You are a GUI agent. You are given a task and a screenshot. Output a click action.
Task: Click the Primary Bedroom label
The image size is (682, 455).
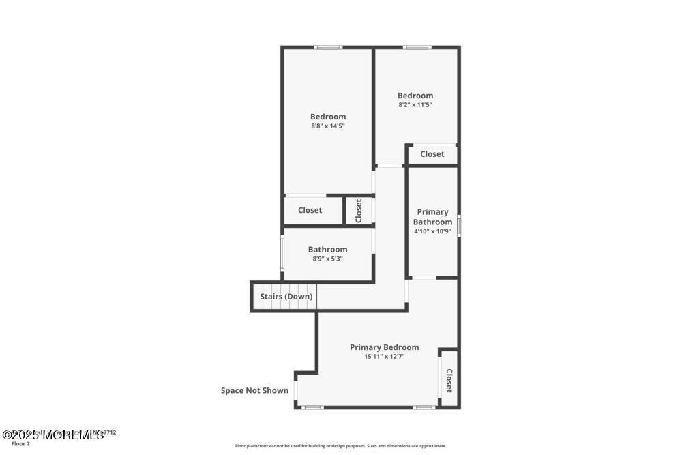(384, 347)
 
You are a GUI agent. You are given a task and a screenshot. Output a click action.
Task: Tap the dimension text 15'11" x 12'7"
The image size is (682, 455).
(384, 357)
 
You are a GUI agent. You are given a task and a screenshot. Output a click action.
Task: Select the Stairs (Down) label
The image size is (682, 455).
(286, 297)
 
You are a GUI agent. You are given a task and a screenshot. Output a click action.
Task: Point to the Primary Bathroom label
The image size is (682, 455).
(432, 217)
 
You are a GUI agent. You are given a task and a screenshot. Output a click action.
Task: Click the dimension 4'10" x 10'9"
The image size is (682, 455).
(432, 231)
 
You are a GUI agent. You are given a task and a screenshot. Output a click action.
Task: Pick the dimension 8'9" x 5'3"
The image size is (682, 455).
(327, 259)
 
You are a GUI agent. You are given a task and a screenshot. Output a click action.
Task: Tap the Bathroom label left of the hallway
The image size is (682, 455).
(327, 250)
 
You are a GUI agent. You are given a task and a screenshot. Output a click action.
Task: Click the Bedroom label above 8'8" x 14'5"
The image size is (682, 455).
(328, 117)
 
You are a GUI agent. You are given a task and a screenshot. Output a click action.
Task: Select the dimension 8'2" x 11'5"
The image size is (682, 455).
(415, 105)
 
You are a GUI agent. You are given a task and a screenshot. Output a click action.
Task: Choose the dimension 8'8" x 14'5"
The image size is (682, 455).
(328, 126)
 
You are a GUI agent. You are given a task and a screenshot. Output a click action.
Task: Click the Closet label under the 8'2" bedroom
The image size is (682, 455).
(432, 154)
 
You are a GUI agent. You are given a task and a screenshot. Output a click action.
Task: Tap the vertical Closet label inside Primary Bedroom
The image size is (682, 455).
(449, 381)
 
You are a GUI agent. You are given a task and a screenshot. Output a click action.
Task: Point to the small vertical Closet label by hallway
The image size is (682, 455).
(358, 211)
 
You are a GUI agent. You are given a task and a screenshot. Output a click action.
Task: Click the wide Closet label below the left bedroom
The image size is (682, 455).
(310, 210)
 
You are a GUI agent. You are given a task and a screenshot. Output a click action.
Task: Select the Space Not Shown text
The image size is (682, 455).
(254, 391)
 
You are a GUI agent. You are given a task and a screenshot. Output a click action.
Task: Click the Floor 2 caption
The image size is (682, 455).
(20, 444)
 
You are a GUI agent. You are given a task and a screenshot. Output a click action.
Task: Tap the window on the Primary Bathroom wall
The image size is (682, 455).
(459, 225)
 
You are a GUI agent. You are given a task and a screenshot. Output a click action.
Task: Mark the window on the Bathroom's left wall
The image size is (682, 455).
(283, 254)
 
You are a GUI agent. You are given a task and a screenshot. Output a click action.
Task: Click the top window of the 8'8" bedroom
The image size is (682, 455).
(328, 47)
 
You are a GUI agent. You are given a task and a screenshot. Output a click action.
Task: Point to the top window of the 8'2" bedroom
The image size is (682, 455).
(417, 47)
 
